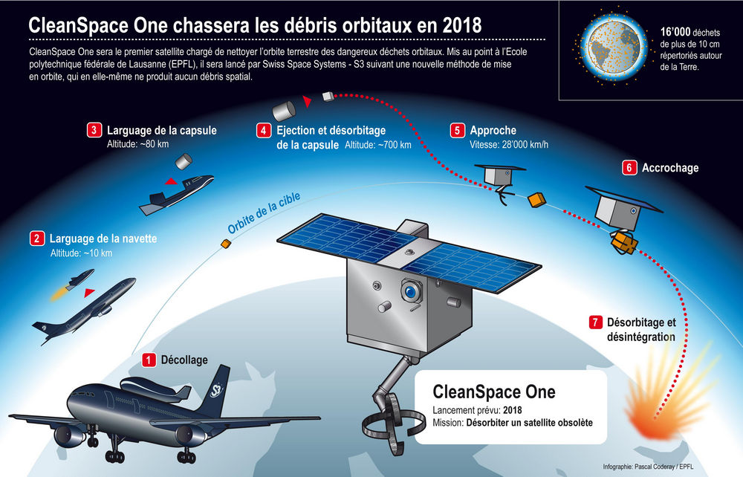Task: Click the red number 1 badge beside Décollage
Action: [x=149, y=360]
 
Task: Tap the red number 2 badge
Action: [x=37, y=238]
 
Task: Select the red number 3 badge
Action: [x=94, y=130]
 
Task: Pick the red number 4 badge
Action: [x=264, y=130]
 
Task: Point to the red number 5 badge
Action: [x=457, y=130]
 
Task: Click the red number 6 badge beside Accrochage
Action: [x=629, y=168]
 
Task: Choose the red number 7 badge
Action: [x=596, y=322]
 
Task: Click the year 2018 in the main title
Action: [x=462, y=25]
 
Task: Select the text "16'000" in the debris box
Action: [x=675, y=32]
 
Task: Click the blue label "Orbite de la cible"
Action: [x=264, y=213]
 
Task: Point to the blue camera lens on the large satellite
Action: [x=410, y=291]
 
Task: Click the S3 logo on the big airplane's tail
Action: [x=216, y=390]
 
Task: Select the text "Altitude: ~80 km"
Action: [x=137, y=144]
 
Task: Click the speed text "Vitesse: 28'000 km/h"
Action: [x=509, y=144]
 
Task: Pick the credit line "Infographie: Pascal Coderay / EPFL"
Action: [x=648, y=467]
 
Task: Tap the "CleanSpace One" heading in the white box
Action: [x=494, y=392]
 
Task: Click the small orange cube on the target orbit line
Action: [x=226, y=244]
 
